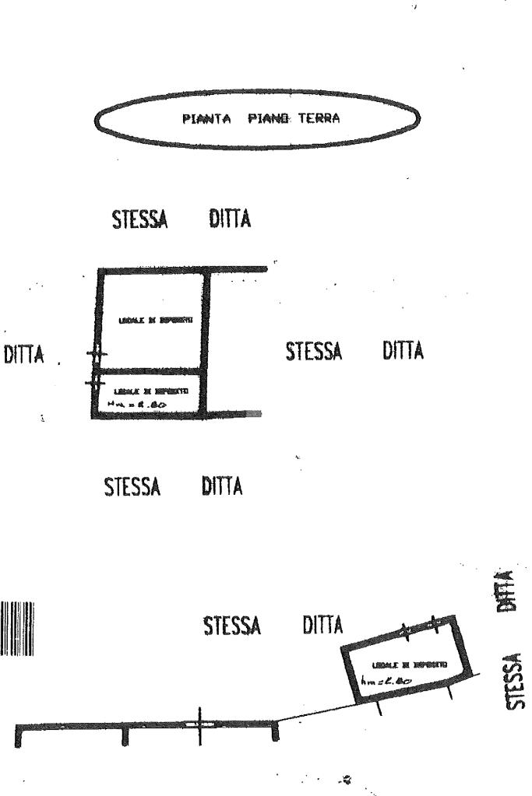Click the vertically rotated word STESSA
click(515, 681)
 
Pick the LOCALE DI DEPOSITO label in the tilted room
click(409, 666)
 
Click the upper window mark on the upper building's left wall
click(96, 354)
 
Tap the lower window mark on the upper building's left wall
click(95, 382)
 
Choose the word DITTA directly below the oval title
click(231, 219)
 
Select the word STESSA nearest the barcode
click(232, 625)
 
